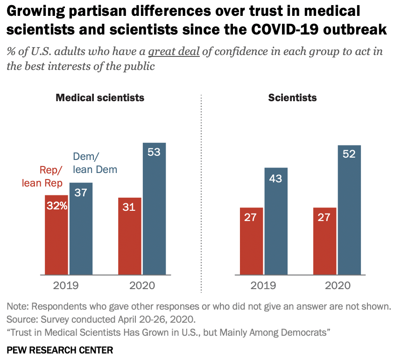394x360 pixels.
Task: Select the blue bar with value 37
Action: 81,228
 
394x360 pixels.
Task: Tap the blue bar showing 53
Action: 154,208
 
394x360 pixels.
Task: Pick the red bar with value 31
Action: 129,236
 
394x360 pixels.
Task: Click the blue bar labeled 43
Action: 276,221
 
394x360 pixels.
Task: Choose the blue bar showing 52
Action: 349,210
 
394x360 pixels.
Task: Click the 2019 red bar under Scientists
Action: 251,241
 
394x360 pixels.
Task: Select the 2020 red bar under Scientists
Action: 324,241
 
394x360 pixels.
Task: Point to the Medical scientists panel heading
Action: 100,98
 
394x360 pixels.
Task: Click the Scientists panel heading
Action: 293,98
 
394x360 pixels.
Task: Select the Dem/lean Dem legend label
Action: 95,163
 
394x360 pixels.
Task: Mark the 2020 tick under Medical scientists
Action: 141,285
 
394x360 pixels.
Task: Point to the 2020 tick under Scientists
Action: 337,285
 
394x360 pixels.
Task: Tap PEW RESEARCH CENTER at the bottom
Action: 60,349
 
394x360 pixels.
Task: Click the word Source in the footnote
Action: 21,320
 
